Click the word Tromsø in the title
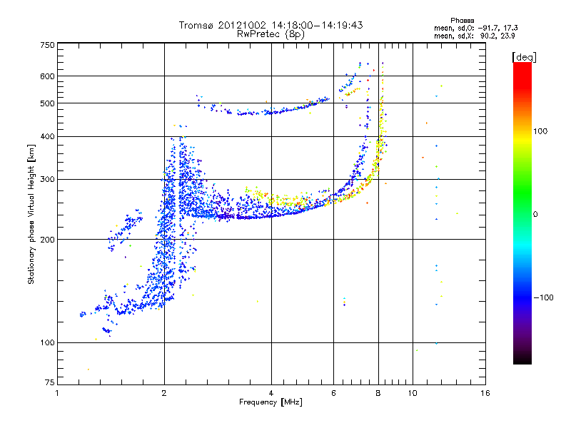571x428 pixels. [x=196, y=25]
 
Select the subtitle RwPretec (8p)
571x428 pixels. [x=271, y=34]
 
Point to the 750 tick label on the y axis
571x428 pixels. [x=47, y=45]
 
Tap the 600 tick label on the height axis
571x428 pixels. [x=47, y=76]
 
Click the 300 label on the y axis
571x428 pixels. [x=47, y=180]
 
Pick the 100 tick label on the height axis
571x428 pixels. [x=47, y=343]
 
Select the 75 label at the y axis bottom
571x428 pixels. [x=50, y=382]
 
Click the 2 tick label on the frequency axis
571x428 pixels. [x=164, y=393]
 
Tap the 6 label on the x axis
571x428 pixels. [x=333, y=393]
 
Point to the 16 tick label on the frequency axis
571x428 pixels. [x=485, y=393]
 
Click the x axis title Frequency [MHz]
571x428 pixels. [x=271, y=402]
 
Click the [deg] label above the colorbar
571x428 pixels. [x=524, y=58]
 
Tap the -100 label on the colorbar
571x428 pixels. [x=543, y=297]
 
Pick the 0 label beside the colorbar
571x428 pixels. [x=535, y=215]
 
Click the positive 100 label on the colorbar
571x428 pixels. [x=540, y=131]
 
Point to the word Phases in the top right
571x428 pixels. [x=462, y=21]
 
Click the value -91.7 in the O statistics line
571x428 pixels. [x=488, y=28]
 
